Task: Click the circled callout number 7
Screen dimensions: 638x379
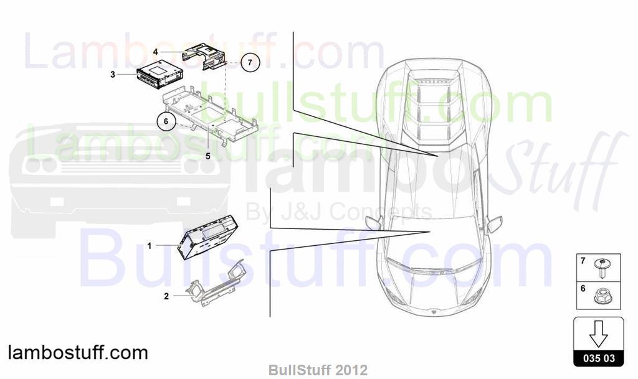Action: [x=250, y=62]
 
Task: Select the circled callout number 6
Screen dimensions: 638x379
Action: [x=166, y=121]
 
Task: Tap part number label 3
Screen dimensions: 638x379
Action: [x=113, y=75]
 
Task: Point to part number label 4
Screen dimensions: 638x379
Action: [x=155, y=52]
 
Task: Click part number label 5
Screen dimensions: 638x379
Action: [x=208, y=156]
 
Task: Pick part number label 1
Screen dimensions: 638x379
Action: [x=150, y=246]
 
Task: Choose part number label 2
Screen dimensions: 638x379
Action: [x=166, y=296]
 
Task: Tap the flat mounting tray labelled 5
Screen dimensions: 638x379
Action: [x=210, y=115]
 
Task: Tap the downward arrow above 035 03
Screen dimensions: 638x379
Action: [x=599, y=334]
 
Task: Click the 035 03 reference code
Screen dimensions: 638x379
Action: [x=599, y=358]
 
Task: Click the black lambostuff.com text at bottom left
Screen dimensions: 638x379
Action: [x=78, y=353]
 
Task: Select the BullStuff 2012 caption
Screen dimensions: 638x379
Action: [x=318, y=370]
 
